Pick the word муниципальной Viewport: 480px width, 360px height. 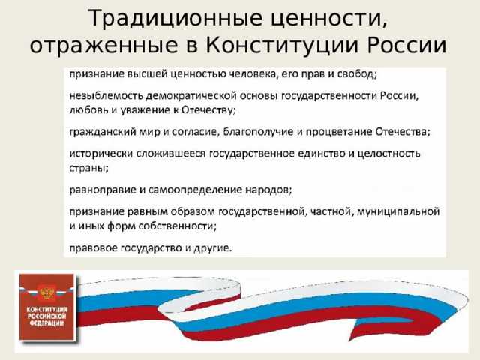tap(400, 211)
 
